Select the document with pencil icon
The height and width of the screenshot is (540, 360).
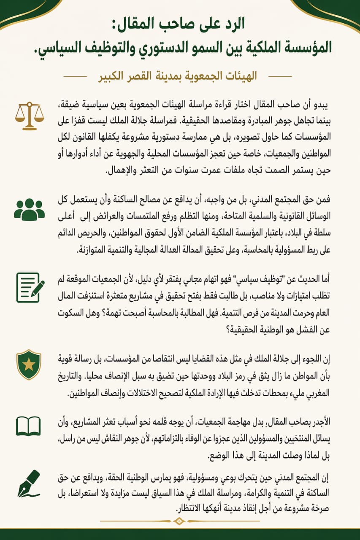(x=30, y=287)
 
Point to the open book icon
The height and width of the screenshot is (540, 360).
(x=28, y=426)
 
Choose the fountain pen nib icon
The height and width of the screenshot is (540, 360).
(x=29, y=484)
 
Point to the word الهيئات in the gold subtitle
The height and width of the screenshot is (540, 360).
(x=238, y=76)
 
